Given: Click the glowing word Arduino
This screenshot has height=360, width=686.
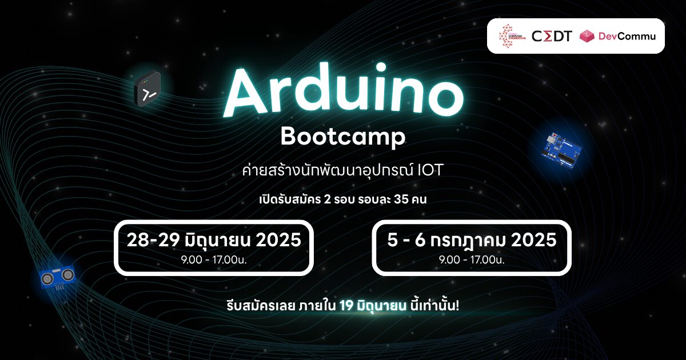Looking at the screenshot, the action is click(344, 90).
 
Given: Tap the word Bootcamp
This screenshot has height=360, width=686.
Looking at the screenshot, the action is click(343, 137).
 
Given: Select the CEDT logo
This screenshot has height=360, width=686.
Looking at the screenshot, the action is click(552, 36).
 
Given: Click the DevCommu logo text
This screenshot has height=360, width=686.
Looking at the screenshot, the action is click(627, 36).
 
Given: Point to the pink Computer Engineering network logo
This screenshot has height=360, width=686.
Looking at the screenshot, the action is click(512, 36).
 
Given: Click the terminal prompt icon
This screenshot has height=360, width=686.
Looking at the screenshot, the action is click(147, 89).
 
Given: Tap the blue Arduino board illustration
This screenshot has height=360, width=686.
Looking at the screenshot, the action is click(561, 150).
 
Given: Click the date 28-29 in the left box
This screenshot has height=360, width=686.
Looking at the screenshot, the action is click(153, 240).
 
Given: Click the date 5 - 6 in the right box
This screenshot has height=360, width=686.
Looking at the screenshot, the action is click(406, 240).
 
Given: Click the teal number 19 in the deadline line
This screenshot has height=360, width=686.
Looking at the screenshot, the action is click(346, 306).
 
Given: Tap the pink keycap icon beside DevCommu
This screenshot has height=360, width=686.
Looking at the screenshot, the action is click(587, 36).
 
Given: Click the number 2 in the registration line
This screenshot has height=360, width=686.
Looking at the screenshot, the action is click(327, 199).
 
